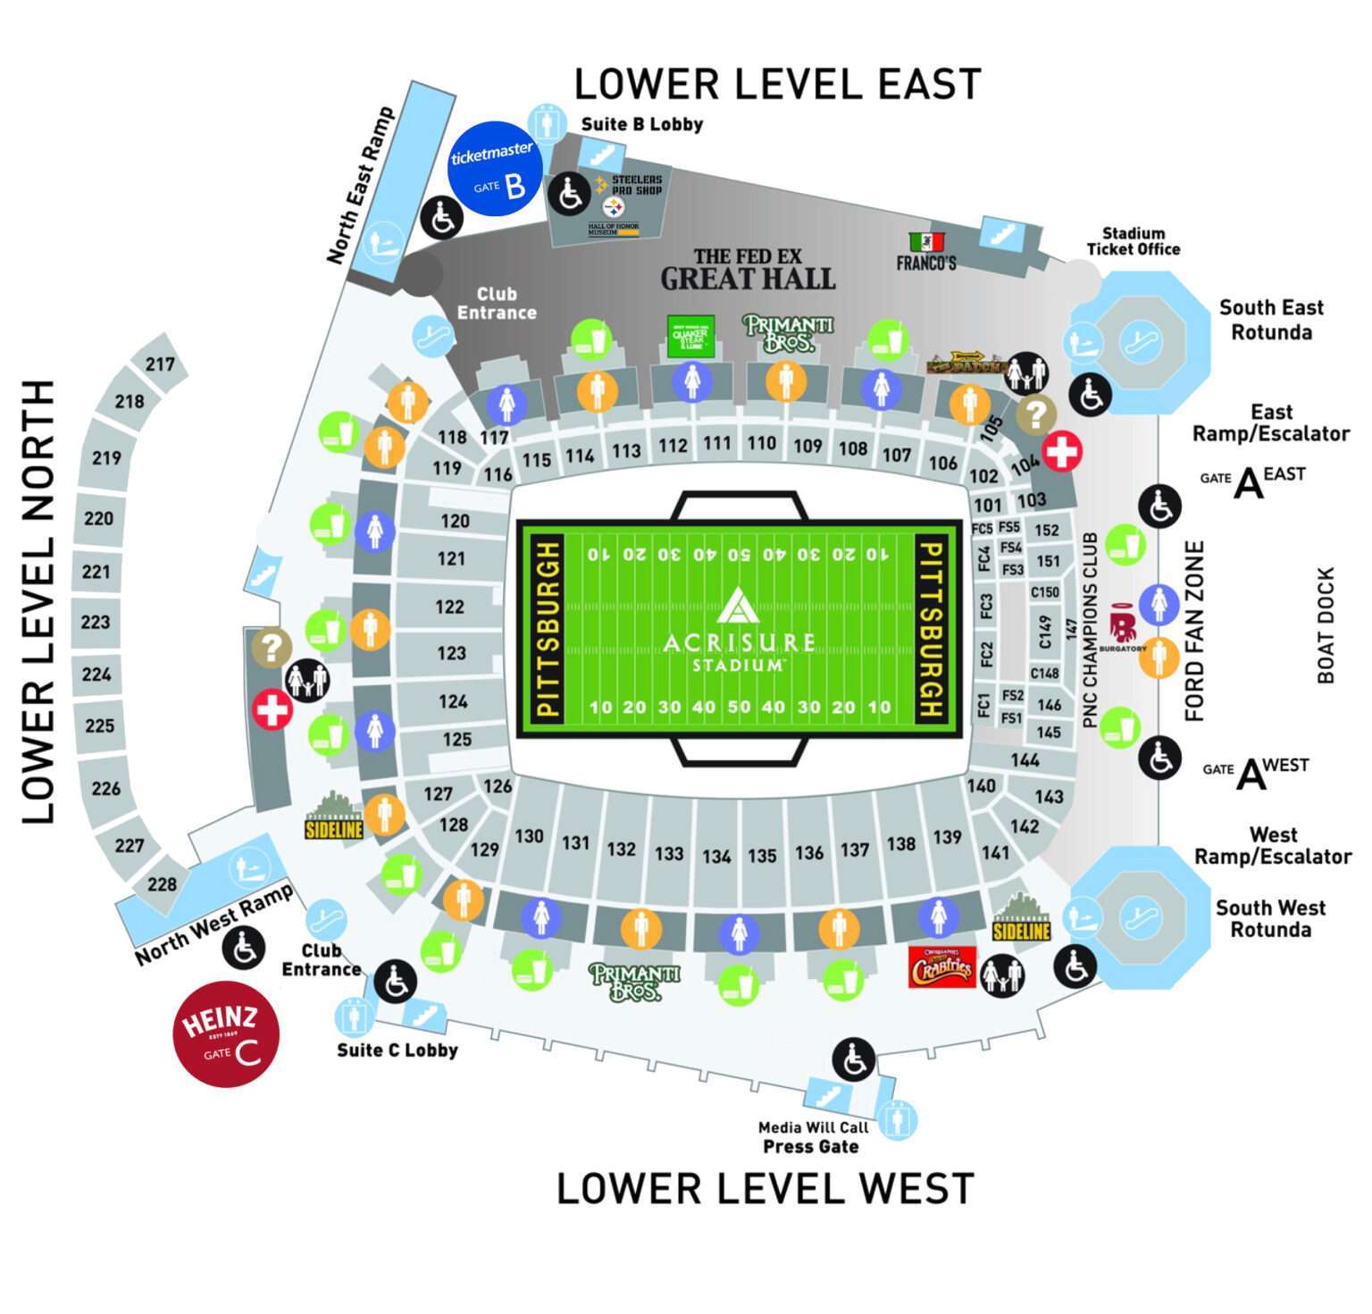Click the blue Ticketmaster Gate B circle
[x=494, y=168]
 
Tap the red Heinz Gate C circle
[x=226, y=1034]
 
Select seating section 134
[x=716, y=857]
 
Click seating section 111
[x=716, y=443]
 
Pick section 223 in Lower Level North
[x=96, y=622]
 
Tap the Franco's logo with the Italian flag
[x=926, y=253]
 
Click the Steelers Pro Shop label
[x=636, y=185]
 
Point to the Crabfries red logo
[x=941, y=967]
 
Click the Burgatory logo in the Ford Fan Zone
[x=1123, y=630]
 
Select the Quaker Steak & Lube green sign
[x=690, y=336]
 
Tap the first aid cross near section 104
[x=1062, y=451]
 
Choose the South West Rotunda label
[x=1270, y=918]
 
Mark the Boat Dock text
[x=1326, y=624]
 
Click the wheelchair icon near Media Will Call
[x=853, y=1059]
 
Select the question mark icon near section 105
[x=1035, y=414]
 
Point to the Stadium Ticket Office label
[x=1133, y=241]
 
